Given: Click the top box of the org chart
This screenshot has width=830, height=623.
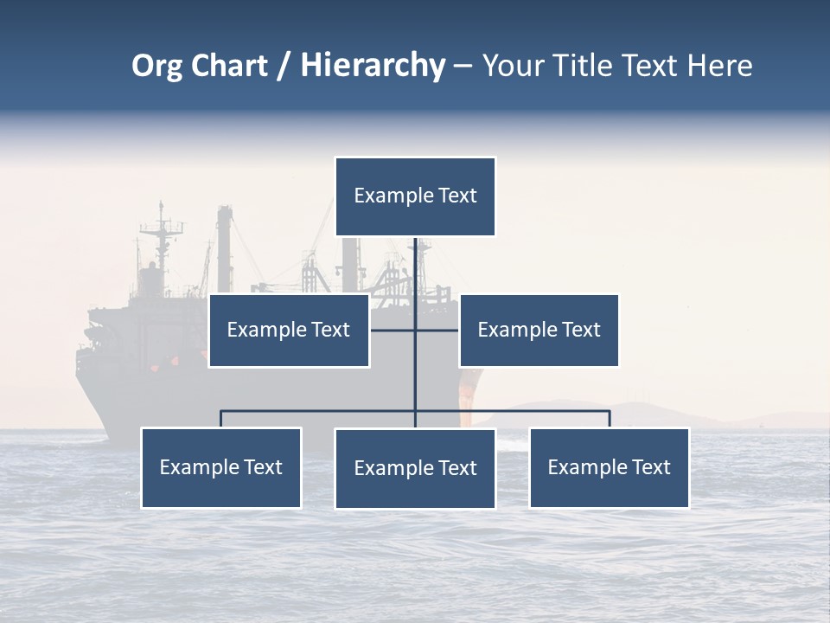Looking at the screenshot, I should click(x=415, y=196).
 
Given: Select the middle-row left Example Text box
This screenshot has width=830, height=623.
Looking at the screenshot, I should click(x=289, y=330).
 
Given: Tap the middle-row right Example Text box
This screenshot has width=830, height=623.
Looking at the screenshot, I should click(x=539, y=330).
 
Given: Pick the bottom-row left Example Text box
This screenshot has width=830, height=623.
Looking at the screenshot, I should click(x=220, y=467).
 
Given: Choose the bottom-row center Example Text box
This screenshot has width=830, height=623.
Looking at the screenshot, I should click(x=415, y=468).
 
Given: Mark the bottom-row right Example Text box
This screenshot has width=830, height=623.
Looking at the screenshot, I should click(x=609, y=467).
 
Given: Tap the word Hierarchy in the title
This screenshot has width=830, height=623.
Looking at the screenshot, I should click(x=372, y=66).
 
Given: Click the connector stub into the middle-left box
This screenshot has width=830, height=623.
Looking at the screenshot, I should click(x=392, y=330).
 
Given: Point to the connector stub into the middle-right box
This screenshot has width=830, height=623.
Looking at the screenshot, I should click(x=437, y=330).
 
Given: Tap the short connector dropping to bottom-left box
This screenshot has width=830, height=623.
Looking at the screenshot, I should click(x=220, y=419).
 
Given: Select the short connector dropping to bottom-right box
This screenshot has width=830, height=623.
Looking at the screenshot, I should click(x=610, y=419).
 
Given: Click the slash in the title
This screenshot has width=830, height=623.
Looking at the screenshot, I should click(x=283, y=66).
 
